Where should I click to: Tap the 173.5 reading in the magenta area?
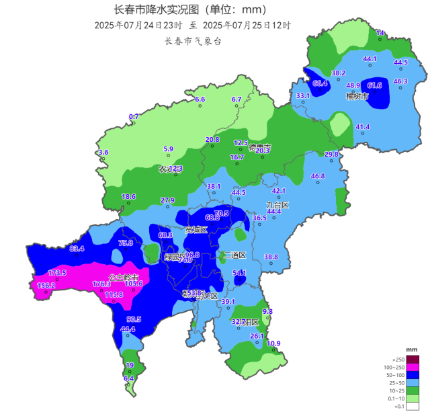click(58, 273)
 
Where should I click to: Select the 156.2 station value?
click(46, 285)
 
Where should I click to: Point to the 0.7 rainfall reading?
click(134, 117)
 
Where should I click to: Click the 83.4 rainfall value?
click(77, 249)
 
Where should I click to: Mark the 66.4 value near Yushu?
click(320, 84)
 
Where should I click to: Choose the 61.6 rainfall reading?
click(374, 85)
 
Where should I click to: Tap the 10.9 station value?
click(273, 344)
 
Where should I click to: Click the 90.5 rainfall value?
click(134, 319)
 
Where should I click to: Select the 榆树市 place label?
click(357, 97)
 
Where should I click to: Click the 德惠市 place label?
click(259, 147)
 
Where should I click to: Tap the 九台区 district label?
click(277, 204)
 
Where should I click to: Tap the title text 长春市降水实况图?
click(153, 10)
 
